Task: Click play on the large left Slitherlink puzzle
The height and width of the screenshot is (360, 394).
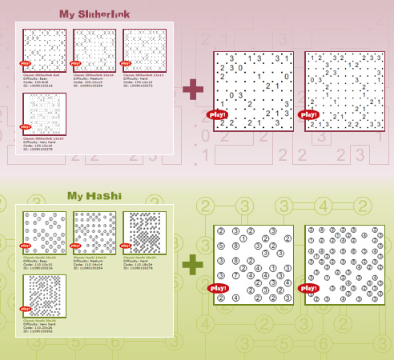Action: pos(218,115)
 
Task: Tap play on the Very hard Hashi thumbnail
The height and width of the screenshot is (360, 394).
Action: pos(25,311)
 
